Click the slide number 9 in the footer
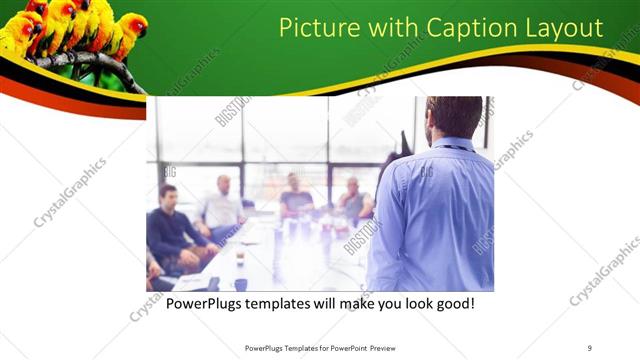(x=589, y=348)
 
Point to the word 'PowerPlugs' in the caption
(x=203, y=302)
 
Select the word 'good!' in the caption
(x=452, y=302)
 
